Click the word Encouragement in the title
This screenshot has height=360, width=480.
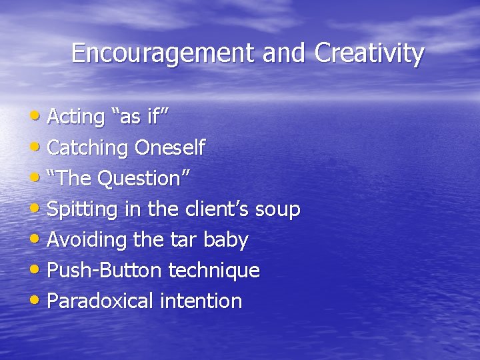pyautogui.click(x=164, y=53)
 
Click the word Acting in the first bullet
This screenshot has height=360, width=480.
pyautogui.click(x=76, y=117)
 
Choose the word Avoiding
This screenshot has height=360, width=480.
pyautogui.click(x=86, y=239)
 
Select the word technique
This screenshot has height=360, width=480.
pyautogui.click(x=213, y=271)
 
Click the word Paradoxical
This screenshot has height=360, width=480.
pyautogui.click(x=100, y=301)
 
